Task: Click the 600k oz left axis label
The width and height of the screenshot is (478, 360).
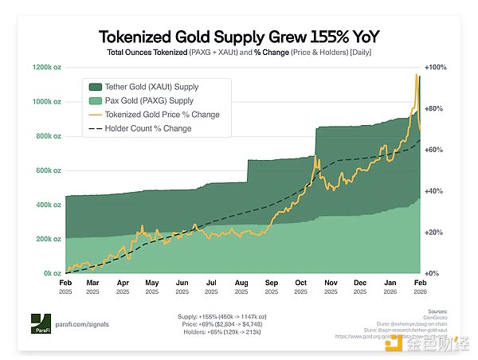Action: point(47,170)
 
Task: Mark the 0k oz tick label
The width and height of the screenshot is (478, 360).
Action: point(52,273)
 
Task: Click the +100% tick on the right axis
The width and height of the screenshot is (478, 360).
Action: point(436,68)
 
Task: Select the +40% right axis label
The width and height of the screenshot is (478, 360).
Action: point(434,191)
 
